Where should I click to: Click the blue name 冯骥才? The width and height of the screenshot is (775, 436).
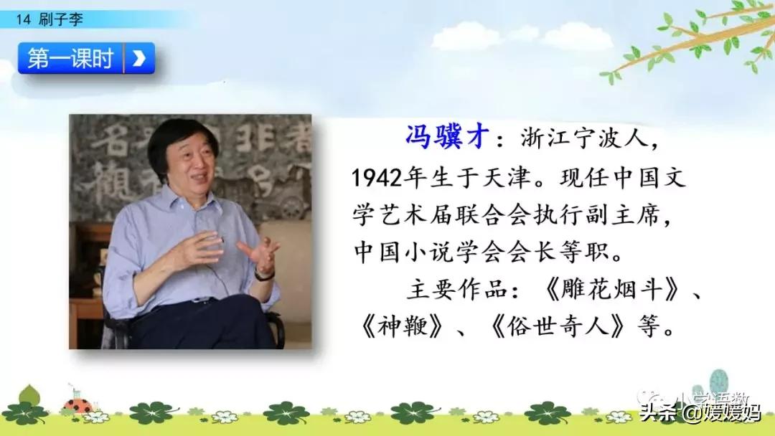click(447, 137)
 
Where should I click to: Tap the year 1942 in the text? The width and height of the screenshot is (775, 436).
click(377, 177)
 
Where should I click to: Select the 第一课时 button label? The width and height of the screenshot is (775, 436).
click(70, 58)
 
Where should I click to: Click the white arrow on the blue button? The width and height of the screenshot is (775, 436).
click(139, 58)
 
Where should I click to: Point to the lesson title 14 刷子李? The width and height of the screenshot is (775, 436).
click(50, 19)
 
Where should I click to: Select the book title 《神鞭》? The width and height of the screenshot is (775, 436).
click(402, 327)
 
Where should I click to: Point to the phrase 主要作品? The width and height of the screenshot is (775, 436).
click(456, 290)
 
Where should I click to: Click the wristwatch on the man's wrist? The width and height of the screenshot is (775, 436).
click(265, 275)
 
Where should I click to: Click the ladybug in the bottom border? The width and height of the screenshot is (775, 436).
click(77, 406)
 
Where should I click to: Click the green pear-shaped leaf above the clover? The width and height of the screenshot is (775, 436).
click(29, 394)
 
